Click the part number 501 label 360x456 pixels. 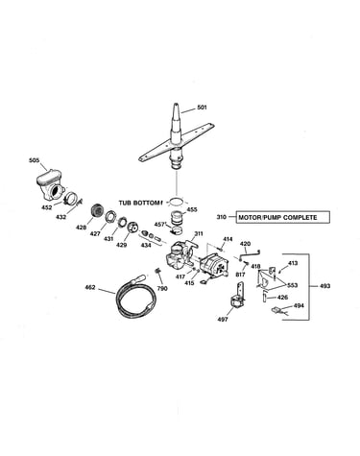pos(202,108)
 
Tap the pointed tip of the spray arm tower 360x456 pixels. pos(176,104)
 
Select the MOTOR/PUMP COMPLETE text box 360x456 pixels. pos(282,217)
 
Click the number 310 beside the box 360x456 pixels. pos(221,217)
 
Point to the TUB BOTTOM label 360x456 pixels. pos(139,203)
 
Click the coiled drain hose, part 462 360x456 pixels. pos(137,296)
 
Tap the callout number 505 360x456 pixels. pos(35,160)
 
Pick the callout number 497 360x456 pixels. pos(223,319)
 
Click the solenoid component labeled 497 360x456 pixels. pos(238,296)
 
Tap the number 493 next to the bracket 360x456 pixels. pos(324,286)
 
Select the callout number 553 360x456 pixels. pos(292,285)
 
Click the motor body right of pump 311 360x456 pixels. pos(214,265)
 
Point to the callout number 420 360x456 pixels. pos(245,244)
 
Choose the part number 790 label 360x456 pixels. pos(162,288)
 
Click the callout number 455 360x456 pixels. pos(192,209)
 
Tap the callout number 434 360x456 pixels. pos(146,245)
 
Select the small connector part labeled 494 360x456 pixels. pos(277,310)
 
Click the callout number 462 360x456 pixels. pos(90,287)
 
